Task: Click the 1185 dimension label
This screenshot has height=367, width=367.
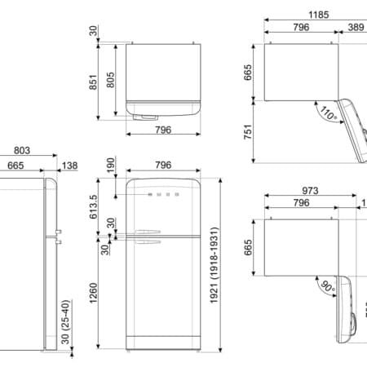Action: (319, 15)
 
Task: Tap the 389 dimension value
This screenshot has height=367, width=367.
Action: (356, 27)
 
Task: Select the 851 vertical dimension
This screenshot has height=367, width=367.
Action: (93, 82)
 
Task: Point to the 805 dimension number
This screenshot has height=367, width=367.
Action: (110, 80)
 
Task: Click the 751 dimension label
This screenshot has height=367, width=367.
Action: (248, 132)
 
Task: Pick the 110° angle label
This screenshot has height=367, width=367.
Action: (328, 113)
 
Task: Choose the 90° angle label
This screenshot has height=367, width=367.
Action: (328, 287)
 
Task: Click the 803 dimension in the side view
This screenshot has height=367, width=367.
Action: (22, 150)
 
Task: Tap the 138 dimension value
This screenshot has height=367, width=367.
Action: (70, 166)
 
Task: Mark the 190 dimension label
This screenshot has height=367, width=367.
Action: (110, 166)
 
